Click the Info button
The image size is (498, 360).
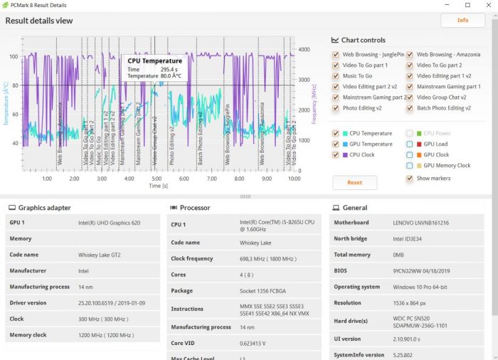[x=462, y=20]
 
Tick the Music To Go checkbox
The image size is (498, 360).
[x=336, y=76]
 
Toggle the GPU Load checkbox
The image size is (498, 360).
[x=410, y=144]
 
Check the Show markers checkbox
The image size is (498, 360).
[x=410, y=179]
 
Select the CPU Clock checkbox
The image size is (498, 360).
[x=336, y=155]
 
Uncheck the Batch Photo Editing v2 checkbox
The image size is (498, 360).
[x=410, y=109]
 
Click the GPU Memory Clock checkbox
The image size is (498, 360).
[x=410, y=166]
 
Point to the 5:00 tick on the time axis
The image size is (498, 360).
[x=156, y=179]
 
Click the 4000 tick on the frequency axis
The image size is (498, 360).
[x=303, y=50]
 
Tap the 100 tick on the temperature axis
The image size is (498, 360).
[x=14, y=57]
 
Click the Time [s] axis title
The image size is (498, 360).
[x=158, y=186]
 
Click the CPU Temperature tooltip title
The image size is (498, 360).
[x=155, y=61]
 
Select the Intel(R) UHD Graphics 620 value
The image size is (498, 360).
[x=110, y=223]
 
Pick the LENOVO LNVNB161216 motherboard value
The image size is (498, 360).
[x=421, y=223]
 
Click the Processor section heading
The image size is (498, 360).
[x=195, y=208]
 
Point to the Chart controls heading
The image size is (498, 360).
[x=363, y=41]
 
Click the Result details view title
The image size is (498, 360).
[x=39, y=21]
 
